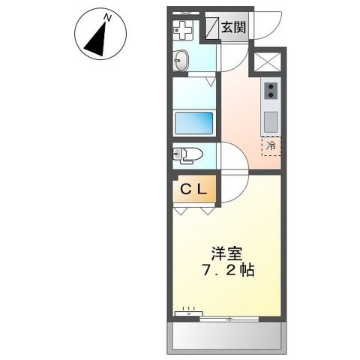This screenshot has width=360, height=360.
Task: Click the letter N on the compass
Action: pyautogui.click(x=107, y=16)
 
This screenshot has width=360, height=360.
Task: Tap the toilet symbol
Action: pyautogui.click(x=188, y=154)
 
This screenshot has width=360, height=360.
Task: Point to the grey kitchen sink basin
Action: pyautogui.click(x=270, y=119)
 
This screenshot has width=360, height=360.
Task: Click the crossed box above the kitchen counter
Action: pyautogui.click(x=269, y=61)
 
